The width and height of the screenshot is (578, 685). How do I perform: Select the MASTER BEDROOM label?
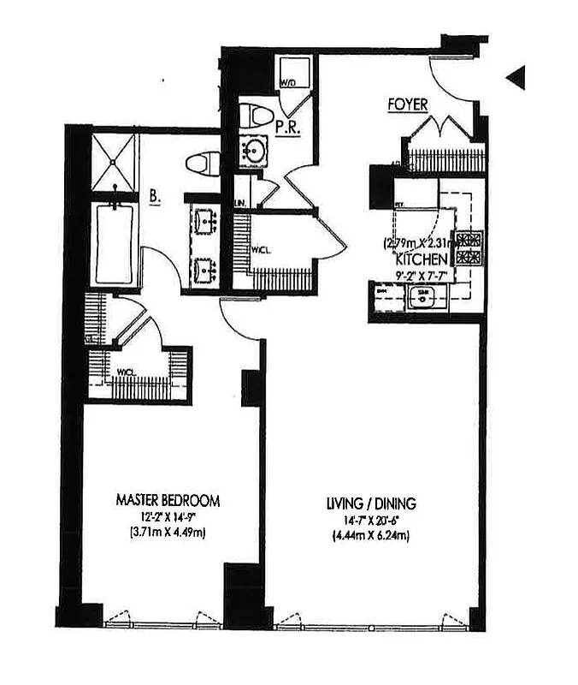click(x=168, y=499)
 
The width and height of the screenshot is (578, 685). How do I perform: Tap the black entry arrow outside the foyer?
click(x=515, y=78)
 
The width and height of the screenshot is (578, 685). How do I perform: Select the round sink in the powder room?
click(x=255, y=151)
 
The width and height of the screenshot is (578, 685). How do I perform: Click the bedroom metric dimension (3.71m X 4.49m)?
click(x=168, y=533)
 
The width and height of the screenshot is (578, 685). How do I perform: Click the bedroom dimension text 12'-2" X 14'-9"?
click(x=168, y=516)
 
